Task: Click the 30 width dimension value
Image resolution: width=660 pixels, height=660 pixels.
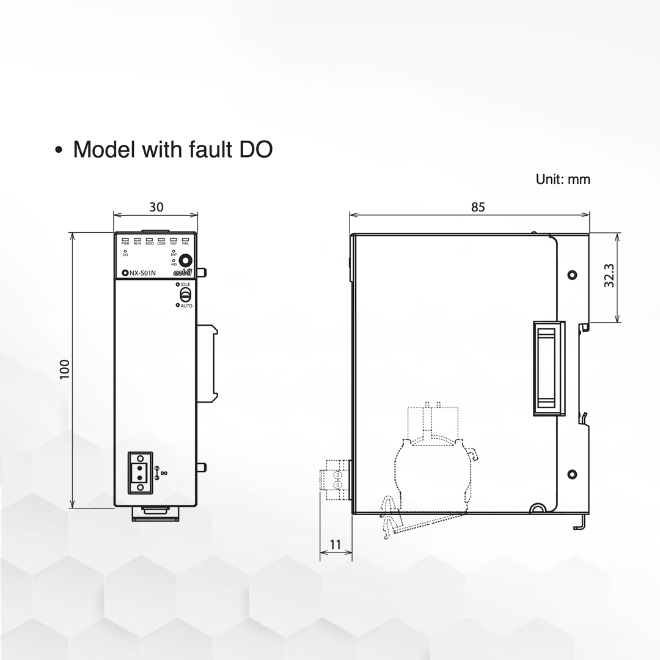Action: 156,207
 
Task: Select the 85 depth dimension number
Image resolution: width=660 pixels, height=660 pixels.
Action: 478,207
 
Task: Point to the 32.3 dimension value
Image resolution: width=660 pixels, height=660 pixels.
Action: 608,277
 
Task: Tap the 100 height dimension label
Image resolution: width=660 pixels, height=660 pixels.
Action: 65,369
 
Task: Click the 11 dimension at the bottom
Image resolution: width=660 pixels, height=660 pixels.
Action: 335,544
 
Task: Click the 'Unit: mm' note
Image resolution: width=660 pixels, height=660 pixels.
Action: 563,179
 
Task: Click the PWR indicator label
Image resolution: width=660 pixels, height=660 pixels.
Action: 125,243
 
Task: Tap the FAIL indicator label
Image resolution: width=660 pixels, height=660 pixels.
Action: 186,243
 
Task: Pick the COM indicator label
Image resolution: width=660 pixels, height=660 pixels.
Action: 161,243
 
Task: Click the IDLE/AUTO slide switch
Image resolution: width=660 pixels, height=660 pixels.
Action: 182,295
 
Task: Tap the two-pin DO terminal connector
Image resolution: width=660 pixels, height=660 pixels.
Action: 140,472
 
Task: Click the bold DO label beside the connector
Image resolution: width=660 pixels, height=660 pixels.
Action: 163,473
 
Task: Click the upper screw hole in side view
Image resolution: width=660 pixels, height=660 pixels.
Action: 572,274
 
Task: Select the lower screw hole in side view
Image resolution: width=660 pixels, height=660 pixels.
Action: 572,474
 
